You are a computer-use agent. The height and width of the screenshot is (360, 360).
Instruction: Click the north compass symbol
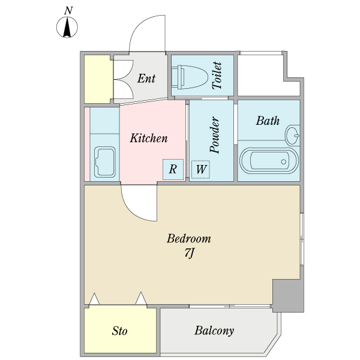point(67,27)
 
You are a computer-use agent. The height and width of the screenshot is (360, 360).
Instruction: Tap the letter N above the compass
point(68,11)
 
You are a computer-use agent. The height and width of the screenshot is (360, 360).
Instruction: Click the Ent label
point(146,78)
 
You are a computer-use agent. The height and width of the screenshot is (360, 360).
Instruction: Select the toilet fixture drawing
point(190,77)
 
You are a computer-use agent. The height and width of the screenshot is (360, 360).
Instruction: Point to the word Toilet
point(217,76)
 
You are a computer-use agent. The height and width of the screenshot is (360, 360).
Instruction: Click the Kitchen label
point(149,138)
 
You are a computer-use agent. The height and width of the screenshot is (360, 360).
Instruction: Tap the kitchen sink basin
point(104,162)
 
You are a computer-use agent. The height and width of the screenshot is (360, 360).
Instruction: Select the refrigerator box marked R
point(173,169)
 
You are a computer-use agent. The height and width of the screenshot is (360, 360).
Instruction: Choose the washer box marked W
point(200,169)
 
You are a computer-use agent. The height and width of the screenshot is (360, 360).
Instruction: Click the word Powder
point(215,135)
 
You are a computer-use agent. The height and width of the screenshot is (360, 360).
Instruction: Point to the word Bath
point(268,121)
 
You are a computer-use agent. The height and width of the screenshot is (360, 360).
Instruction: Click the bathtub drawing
point(269,161)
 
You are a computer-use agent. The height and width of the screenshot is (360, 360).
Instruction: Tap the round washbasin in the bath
point(292,135)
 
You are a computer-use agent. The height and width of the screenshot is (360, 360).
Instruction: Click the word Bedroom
point(189,239)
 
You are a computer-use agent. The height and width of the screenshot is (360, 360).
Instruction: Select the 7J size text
point(190,253)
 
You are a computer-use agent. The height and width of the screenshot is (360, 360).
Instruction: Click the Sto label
point(119,331)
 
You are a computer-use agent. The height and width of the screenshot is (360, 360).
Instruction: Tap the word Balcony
point(214,331)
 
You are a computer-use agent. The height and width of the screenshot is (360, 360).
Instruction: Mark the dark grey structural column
point(289,296)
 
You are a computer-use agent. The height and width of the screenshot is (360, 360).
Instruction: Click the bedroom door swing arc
point(132,211)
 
